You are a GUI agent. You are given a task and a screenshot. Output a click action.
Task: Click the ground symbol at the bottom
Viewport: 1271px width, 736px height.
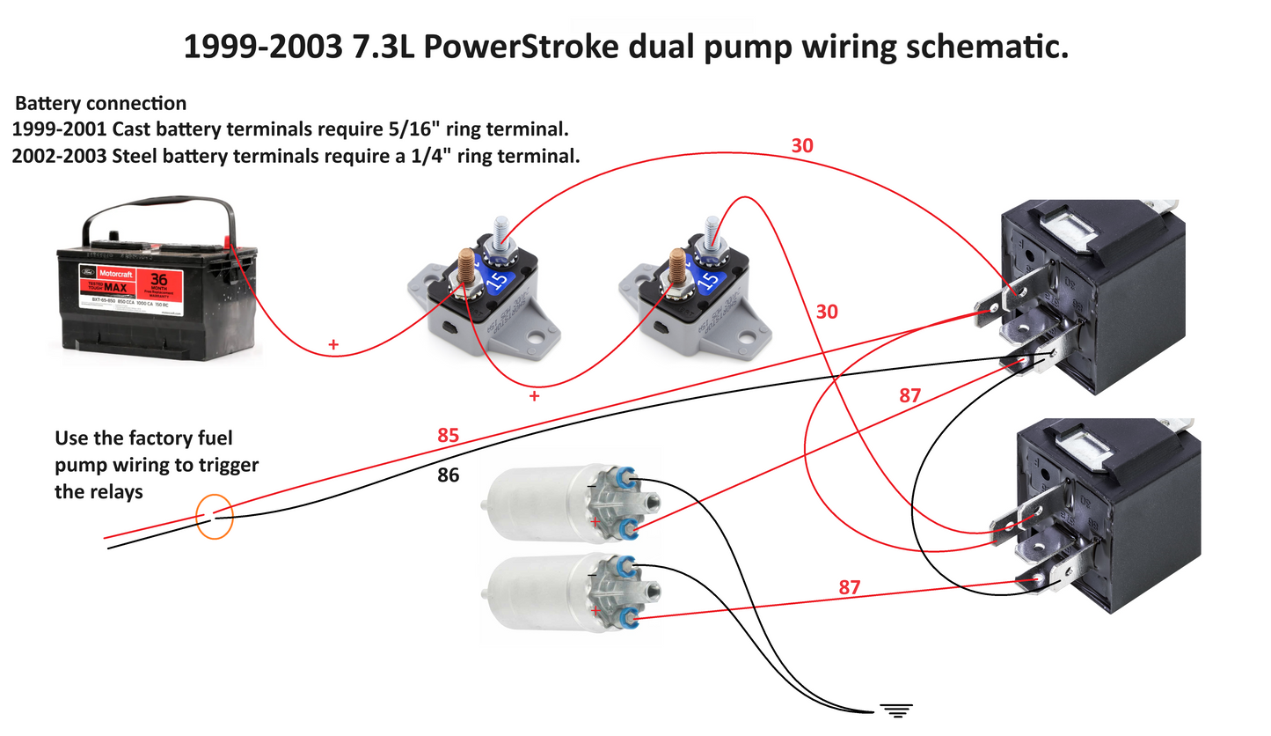pyautogui.click(x=896, y=709)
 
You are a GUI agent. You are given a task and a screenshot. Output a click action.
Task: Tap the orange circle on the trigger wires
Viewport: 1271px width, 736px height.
pyautogui.click(x=215, y=516)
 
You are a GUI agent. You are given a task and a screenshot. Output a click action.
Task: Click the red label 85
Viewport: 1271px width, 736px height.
pyautogui.click(x=449, y=436)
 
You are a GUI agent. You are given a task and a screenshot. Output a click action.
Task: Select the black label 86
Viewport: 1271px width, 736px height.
pyautogui.click(x=449, y=475)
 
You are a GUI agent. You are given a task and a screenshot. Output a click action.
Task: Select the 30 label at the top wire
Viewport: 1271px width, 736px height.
pyautogui.click(x=802, y=146)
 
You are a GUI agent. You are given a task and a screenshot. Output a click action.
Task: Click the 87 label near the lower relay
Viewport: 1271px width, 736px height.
pyautogui.click(x=849, y=587)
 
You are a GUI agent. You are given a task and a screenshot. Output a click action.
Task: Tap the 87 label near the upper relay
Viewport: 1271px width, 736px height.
pyautogui.click(x=909, y=395)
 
